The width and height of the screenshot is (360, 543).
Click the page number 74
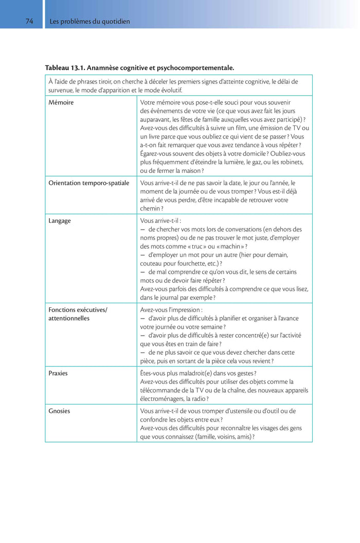point(29,22)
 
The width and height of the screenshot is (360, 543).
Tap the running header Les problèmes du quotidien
point(89,22)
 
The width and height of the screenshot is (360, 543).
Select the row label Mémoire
point(61,102)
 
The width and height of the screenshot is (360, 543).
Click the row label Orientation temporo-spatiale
point(88,183)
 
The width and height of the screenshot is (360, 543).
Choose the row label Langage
point(60,221)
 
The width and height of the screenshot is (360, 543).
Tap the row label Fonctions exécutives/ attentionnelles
point(78,314)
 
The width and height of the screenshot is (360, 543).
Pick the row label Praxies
point(58,373)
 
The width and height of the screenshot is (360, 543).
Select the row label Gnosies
point(59,411)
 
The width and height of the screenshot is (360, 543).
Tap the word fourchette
point(188,264)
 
